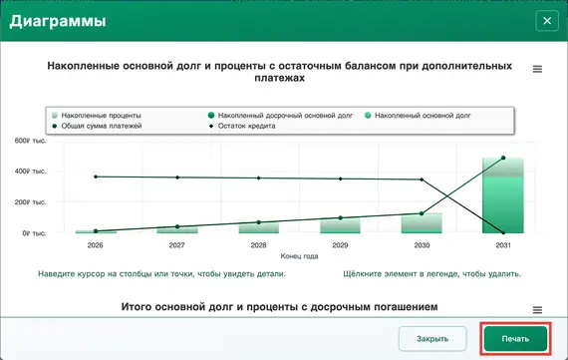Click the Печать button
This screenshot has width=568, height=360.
(515, 338)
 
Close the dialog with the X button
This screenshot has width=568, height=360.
(545, 21)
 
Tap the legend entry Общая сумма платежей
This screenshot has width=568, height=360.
(103, 128)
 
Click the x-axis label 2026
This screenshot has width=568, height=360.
(96, 244)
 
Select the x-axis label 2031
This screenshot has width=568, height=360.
(504, 244)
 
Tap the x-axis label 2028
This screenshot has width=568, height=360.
(258, 244)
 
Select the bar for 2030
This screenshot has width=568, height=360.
(422, 223)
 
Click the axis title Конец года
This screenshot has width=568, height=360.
(299, 255)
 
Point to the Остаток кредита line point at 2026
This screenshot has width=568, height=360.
(96, 177)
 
